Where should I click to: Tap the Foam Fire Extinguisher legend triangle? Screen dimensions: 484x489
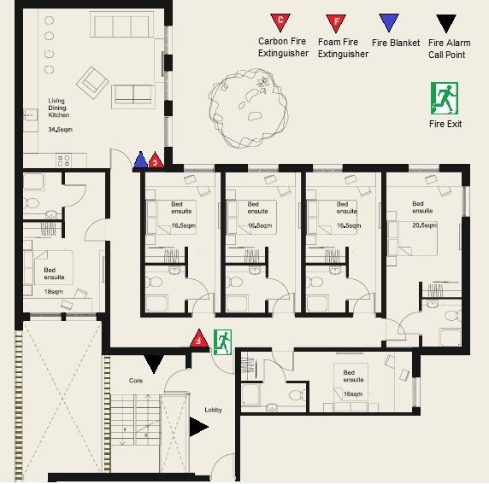(339, 21)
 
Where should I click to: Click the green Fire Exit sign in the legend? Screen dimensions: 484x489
(445, 98)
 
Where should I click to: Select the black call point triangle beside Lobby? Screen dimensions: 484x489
(198, 427)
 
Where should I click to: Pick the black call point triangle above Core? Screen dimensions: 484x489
(154, 364)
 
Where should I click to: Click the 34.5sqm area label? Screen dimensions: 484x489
(59, 131)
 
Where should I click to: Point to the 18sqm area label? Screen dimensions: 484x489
(54, 292)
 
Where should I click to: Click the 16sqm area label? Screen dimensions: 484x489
(349, 394)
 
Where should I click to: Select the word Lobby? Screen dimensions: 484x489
(213, 410)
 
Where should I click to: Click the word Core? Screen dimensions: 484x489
(135, 380)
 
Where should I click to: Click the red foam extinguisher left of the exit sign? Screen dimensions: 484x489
(198, 338)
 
